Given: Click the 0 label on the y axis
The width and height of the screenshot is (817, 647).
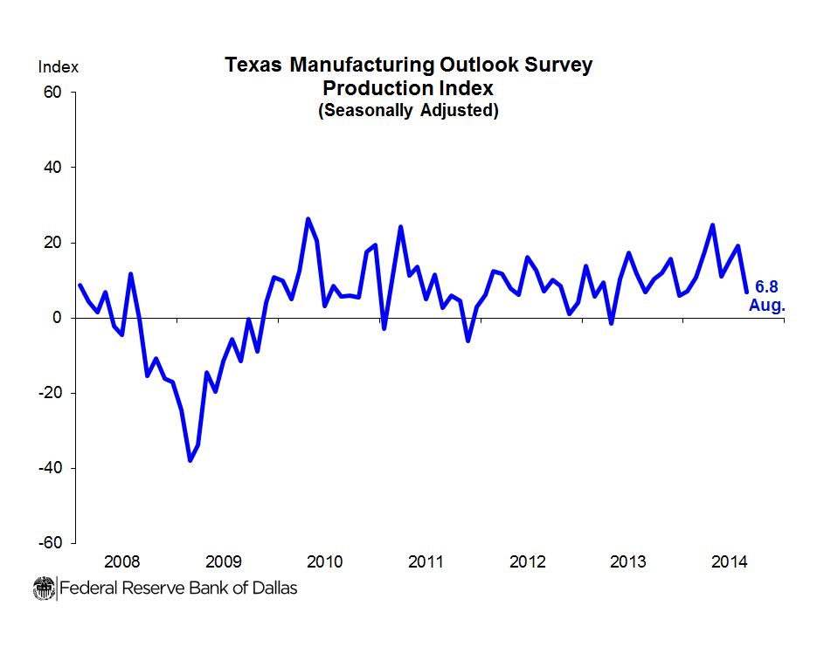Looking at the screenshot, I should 59,318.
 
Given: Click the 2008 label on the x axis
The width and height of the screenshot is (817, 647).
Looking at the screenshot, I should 121,561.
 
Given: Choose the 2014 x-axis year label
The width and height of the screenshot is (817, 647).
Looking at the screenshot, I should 730,561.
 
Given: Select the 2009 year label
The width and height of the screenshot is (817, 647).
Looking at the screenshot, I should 223,561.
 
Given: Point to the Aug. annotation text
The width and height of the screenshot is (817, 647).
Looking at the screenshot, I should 767,306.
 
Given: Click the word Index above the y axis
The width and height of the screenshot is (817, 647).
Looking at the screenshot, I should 58,67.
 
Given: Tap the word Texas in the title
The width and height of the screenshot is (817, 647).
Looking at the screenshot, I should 253,65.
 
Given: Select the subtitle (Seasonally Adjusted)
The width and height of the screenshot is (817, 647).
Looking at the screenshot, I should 408,111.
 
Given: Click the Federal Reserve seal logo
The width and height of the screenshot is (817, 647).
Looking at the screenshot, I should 44,588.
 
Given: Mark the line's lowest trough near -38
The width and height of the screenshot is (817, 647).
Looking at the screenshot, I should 190,460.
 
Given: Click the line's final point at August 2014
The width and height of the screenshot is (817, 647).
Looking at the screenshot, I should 746,292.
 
